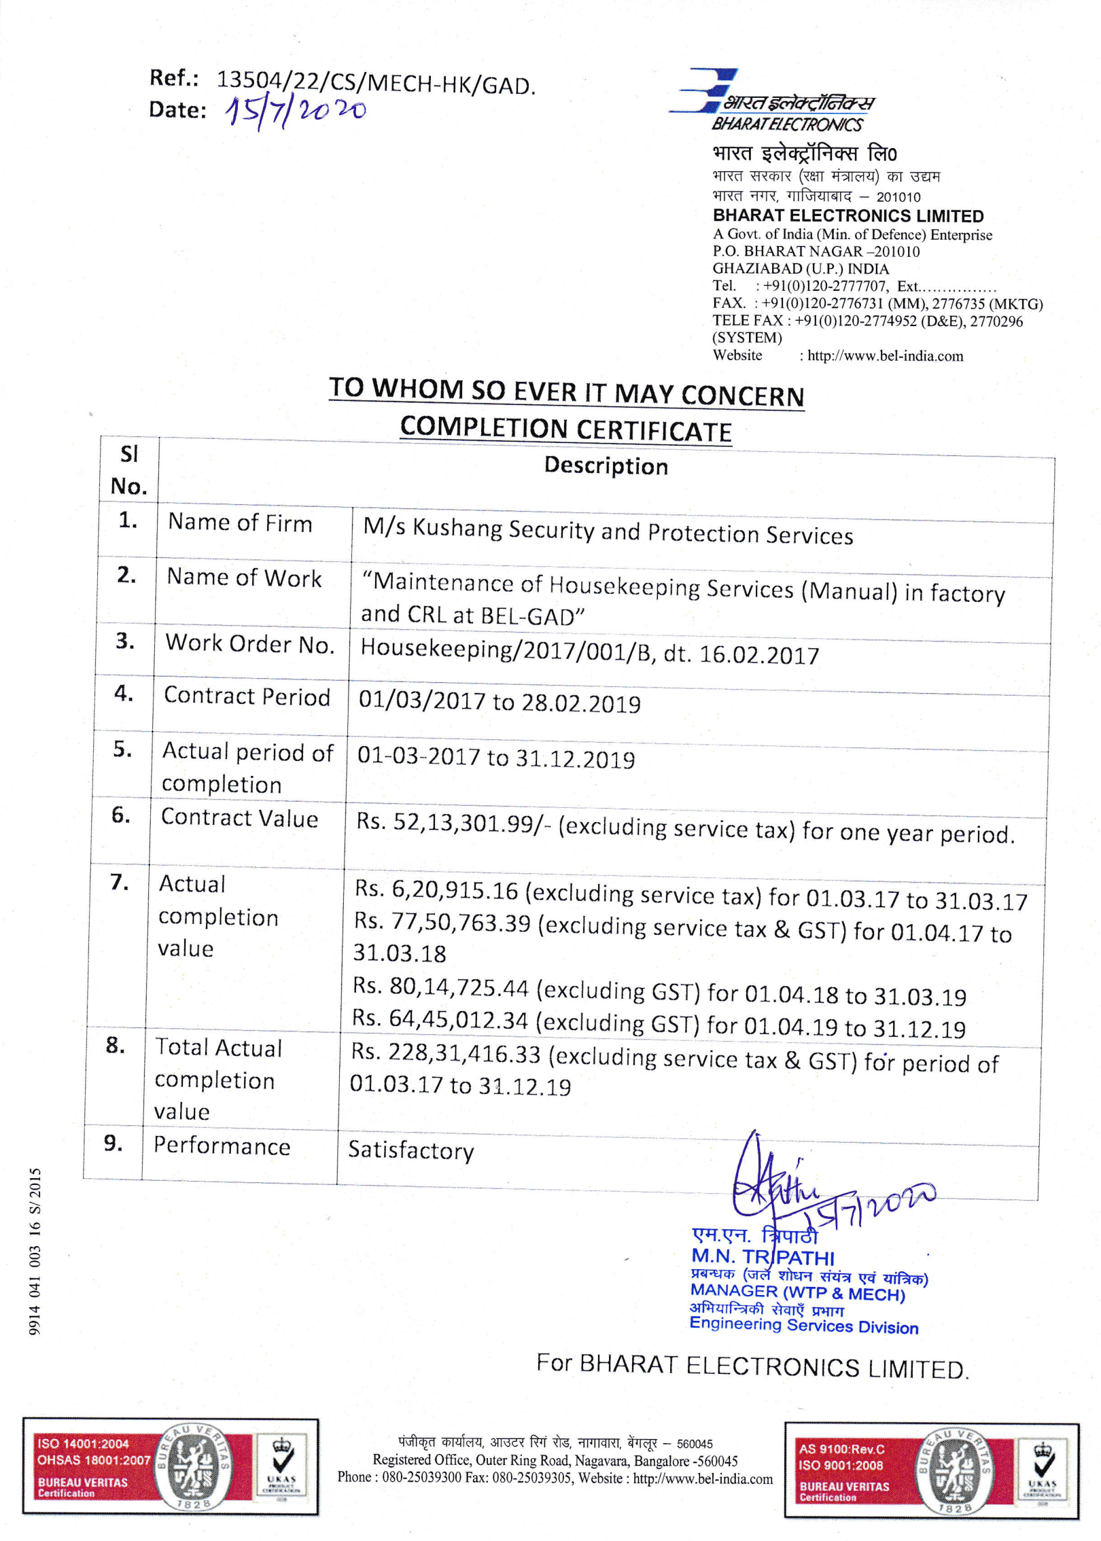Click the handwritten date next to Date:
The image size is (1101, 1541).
(296, 111)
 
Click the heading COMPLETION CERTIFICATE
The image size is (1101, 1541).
(565, 429)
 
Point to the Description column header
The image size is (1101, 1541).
(606, 466)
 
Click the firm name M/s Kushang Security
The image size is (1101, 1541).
(608, 531)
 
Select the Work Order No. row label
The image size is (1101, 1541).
(249, 643)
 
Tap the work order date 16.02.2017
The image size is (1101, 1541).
(759, 655)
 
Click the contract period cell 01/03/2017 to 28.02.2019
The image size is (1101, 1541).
(500, 701)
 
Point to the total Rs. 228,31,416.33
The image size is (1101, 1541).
(446, 1052)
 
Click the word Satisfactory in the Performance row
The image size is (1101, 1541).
(410, 1150)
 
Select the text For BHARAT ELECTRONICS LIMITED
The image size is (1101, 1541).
(752, 1366)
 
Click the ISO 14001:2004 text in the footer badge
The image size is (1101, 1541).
(83, 1444)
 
